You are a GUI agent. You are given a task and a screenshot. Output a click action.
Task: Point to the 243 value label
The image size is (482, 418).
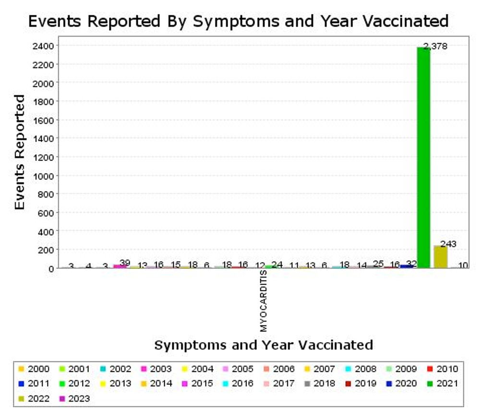(448, 244)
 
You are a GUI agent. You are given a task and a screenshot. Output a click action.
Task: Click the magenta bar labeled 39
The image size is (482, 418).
(119, 266)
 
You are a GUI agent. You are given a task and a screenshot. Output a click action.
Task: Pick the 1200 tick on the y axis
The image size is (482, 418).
(43, 157)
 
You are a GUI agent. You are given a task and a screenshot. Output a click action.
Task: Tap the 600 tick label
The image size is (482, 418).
(46, 212)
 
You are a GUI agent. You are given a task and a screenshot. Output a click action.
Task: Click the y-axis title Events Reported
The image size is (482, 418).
(19, 152)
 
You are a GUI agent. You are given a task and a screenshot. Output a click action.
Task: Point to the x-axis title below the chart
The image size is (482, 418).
(264, 345)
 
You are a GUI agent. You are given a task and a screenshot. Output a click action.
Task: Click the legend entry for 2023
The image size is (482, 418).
(75, 398)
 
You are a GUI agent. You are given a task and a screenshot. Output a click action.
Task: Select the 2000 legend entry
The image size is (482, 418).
(34, 369)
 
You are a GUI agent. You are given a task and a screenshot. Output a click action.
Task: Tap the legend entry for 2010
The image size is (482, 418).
(443, 369)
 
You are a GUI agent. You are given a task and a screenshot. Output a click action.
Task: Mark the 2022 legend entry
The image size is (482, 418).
(34, 398)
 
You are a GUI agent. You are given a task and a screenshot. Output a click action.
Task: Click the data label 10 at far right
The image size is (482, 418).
(463, 265)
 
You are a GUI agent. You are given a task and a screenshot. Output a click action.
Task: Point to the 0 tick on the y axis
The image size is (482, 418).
(50, 268)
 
